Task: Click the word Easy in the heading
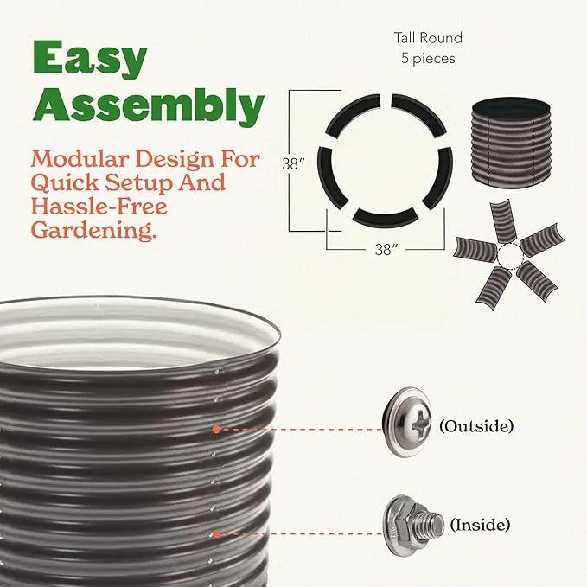point(90,60)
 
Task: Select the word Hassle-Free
point(99,207)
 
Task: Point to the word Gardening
point(93,230)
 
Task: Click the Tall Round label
point(428,38)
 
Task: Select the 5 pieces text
point(428,59)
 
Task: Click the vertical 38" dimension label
point(293,163)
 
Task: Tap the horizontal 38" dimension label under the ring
point(386,249)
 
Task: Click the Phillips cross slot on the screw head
point(422,423)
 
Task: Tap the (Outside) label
point(476,425)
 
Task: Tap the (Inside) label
point(480,524)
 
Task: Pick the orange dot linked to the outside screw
point(216,429)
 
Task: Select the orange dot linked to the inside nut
point(216,534)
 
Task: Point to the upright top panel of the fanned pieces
point(503,220)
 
